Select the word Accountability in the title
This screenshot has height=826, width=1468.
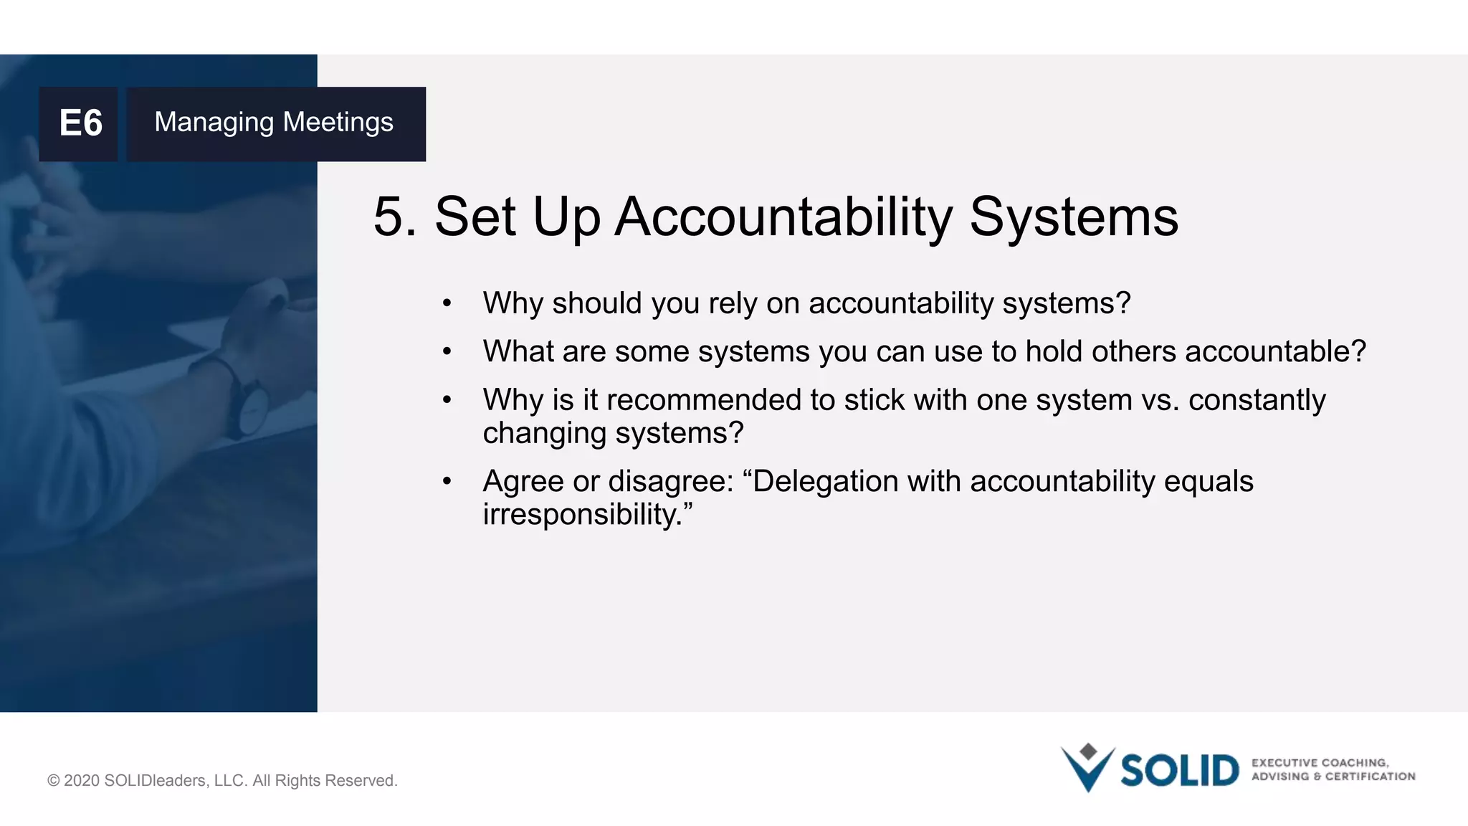coord(783,218)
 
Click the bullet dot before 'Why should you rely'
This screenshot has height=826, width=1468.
coord(447,304)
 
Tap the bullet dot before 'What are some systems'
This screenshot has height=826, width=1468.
coord(447,352)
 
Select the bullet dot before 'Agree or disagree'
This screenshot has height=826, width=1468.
coord(447,482)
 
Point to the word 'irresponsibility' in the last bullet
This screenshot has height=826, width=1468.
coord(580,515)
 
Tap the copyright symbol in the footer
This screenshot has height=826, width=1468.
coord(54,781)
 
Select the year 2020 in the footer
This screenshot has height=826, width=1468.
coord(82,781)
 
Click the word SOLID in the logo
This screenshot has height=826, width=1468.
coord(1179,771)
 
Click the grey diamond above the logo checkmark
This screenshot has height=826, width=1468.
coord(1088,751)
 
